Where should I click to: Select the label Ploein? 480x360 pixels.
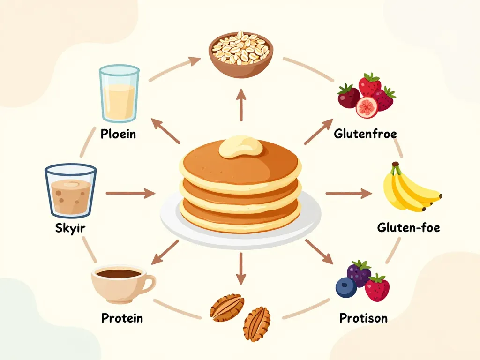click(118, 134)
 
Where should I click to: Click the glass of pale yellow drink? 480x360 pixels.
click(119, 95)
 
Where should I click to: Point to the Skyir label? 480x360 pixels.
click(70, 229)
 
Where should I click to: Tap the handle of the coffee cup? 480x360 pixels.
click(149, 282)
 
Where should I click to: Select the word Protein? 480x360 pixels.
click(122, 318)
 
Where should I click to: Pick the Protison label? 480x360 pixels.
click(363, 318)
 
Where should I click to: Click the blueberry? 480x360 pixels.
click(346, 287)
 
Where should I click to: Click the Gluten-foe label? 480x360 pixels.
click(408, 228)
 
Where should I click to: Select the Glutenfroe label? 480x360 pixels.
click(365, 134)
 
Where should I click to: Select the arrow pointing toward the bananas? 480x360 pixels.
click(347, 193)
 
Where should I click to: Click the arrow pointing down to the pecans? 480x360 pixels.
click(240, 269)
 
